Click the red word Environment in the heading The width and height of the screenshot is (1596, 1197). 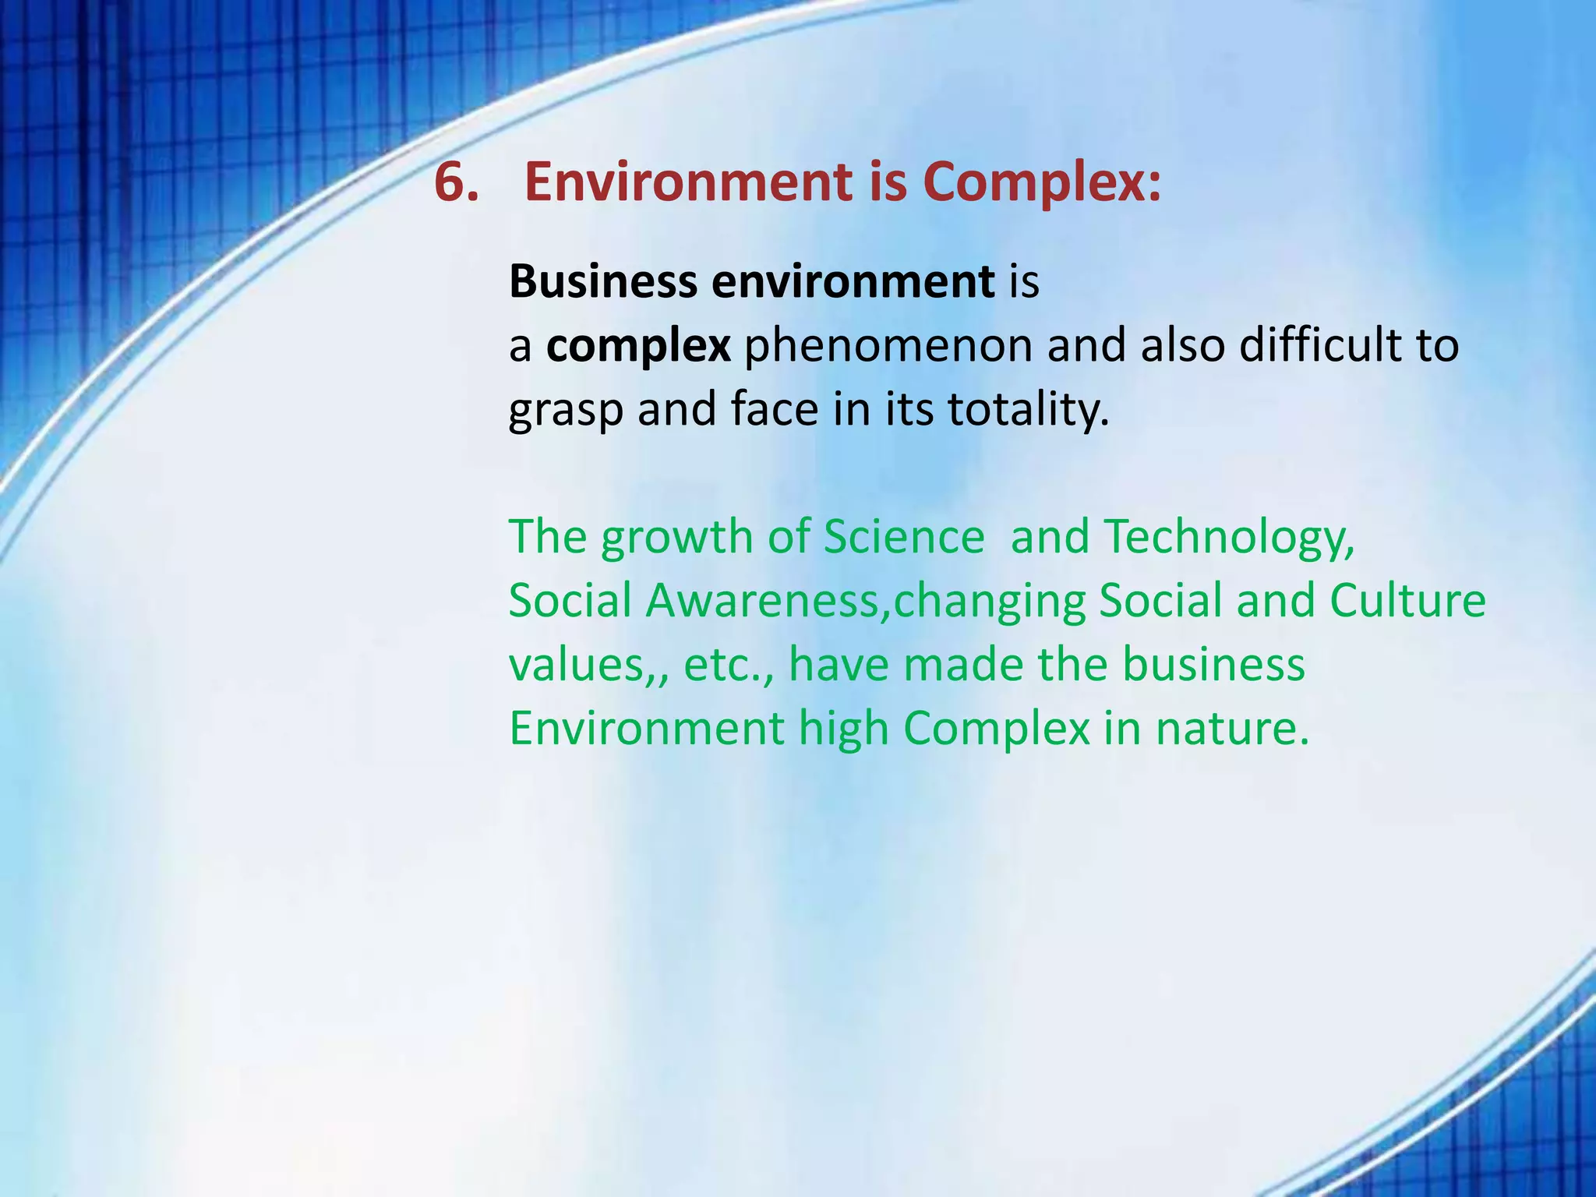(x=688, y=182)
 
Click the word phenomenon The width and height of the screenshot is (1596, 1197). (x=888, y=346)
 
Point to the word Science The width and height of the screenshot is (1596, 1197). (x=904, y=538)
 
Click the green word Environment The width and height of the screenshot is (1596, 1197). (x=646, y=729)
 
